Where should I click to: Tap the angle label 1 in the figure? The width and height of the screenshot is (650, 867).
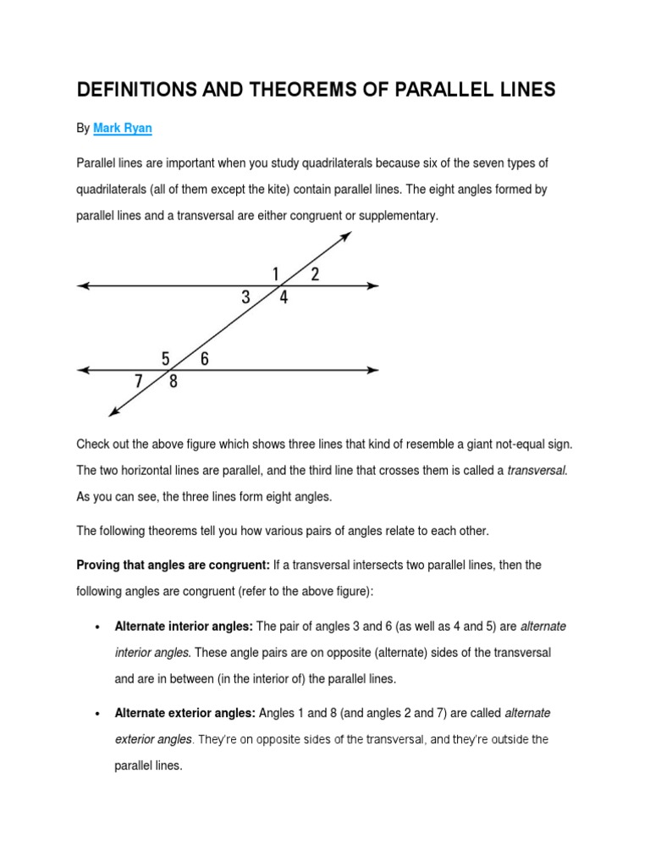(x=276, y=273)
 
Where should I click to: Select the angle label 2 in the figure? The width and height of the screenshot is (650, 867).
(x=315, y=273)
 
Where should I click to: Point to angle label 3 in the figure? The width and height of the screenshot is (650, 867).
(x=246, y=297)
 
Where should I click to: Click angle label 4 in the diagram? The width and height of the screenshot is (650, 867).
(x=284, y=298)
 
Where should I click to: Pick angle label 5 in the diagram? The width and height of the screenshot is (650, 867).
(x=167, y=359)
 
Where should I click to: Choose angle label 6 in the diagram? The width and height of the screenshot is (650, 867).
(x=205, y=359)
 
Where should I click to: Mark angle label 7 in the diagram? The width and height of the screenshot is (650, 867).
(x=139, y=381)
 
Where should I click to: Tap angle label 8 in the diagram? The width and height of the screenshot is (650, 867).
(x=174, y=382)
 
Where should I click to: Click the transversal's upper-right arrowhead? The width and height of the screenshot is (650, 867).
(x=346, y=236)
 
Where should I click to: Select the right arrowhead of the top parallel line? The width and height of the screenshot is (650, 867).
(x=372, y=286)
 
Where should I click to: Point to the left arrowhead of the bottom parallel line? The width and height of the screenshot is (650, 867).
(x=83, y=370)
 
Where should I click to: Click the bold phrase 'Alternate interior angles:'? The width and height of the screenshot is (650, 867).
(x=183, y=627)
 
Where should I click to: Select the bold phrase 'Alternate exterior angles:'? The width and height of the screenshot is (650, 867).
(x=185, y=714)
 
